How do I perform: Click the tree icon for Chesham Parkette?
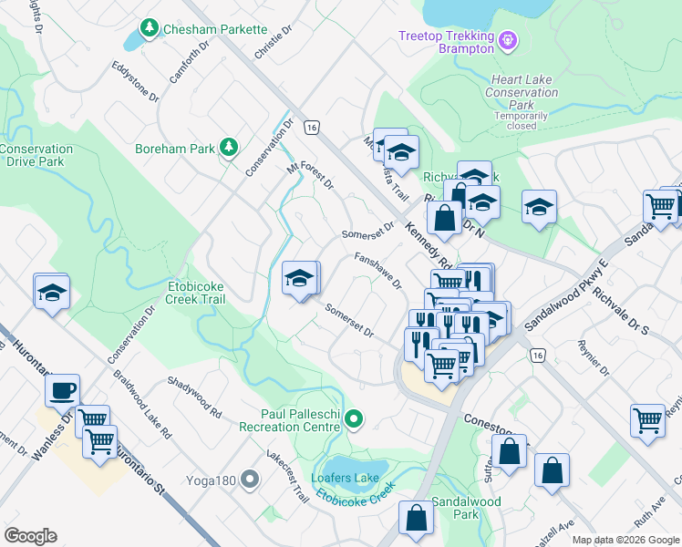click(x=151, y=29)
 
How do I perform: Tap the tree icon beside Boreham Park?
click(x=228, y=148)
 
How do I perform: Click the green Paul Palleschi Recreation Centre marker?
click(x=355, y=419)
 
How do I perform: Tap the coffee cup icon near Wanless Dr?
click(x=62, y=391)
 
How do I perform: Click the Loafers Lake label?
click(x=345, y=478)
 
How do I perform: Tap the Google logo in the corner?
click(x=30, y=536)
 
